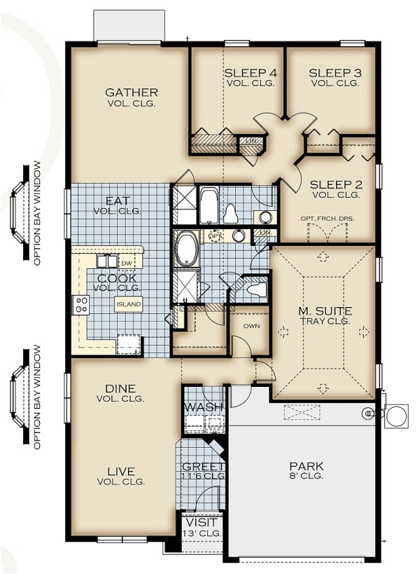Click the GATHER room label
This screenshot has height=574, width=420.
click(131, 93)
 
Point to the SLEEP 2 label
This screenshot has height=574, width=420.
click(335, 185)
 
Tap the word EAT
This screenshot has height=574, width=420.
click(117, 200)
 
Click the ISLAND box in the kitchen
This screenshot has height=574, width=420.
click(129, 304)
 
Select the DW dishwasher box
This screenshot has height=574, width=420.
click(127, 263)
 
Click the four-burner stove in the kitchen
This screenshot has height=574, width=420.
click(81, 305)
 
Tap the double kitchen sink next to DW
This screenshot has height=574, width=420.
click(107, 261)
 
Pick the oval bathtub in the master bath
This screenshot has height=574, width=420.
click(186, 250)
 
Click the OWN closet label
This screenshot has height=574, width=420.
click(251, 326)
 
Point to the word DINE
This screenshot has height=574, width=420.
click(120, 388)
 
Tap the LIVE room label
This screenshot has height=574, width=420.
click(121, 471)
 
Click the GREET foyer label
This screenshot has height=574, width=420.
click(203, 467)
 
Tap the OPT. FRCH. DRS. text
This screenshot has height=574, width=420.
click(328, 218)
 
